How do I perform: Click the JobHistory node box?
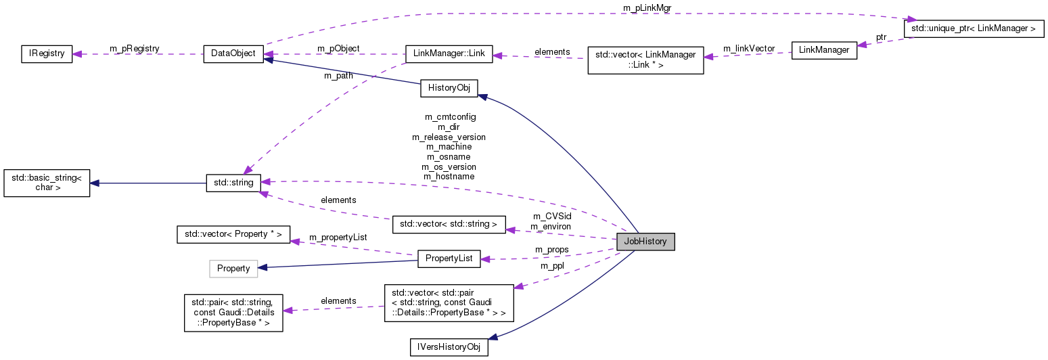click(x=645, y=240)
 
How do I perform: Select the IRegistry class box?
click(x=46, y=54)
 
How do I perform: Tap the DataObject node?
click(x=233, y=54)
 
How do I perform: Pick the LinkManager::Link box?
click(x=449, y=54)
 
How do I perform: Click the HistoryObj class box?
click(x=449, y=88)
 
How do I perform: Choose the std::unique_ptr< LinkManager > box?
click(x=974, y=28)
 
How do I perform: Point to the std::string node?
click(x=233, y=182)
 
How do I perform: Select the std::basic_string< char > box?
click(x=47, y=183)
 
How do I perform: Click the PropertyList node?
click(x=449, y=258)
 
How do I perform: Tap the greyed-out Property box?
click(x=233, y=269)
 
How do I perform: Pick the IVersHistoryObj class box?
click(x=449, y=347)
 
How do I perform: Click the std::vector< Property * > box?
click(x=233, y=235)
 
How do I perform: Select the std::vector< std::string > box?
click(x=449, y=223)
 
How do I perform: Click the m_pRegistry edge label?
click(x=134, y=49)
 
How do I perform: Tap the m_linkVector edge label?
click(x=748, y=49)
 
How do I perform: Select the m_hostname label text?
click(x=449, y=177)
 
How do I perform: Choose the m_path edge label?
click(x=339, y=76)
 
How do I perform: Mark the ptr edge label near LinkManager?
click(x=881, y=37)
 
